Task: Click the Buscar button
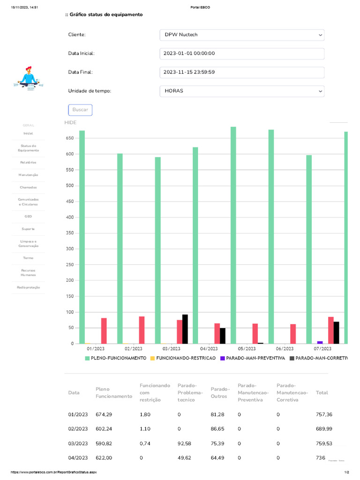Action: point(80,110)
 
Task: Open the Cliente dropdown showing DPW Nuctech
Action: point(241,35)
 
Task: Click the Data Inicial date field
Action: point(241,53)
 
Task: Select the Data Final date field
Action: point(241,72)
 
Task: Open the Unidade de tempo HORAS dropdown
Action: point(241,91)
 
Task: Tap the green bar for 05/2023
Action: point(233,234)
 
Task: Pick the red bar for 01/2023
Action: point(104,331)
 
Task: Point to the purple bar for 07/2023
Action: point(320,342)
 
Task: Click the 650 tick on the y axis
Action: point(69,138)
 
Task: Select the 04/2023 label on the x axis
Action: point(209,349)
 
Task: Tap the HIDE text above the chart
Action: point(70,122)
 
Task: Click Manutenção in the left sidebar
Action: point(28,175)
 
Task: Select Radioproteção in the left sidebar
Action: point(28,287)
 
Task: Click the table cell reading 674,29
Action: point(104,414)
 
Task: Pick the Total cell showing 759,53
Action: point(324,443)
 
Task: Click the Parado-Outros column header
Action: point(219,393)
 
